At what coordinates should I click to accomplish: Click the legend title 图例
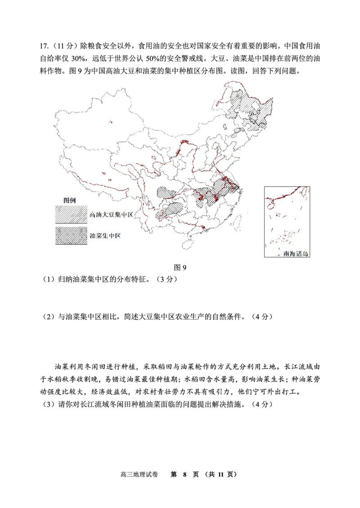pyautogui.click(x=69, y=200)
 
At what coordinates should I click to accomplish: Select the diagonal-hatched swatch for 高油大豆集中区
pyautogui.click(x=71, y=215)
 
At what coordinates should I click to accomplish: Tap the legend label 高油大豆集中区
pyautogui.click(x=111, y=215)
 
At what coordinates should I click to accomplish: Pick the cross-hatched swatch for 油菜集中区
pyautogui.click(x=71, y=236)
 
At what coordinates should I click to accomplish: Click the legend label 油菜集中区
pyautogui.click(x=105, y=236)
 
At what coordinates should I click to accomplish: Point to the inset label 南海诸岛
pyautogui.click(x=296, y=254)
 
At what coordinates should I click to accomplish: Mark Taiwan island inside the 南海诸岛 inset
pyautogui.click(x=306, y=192)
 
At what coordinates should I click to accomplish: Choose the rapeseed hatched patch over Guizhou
pyautogui.click(x=170, y=209)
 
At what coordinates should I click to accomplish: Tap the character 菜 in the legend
pyautogui.click(x=99, y=236)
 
